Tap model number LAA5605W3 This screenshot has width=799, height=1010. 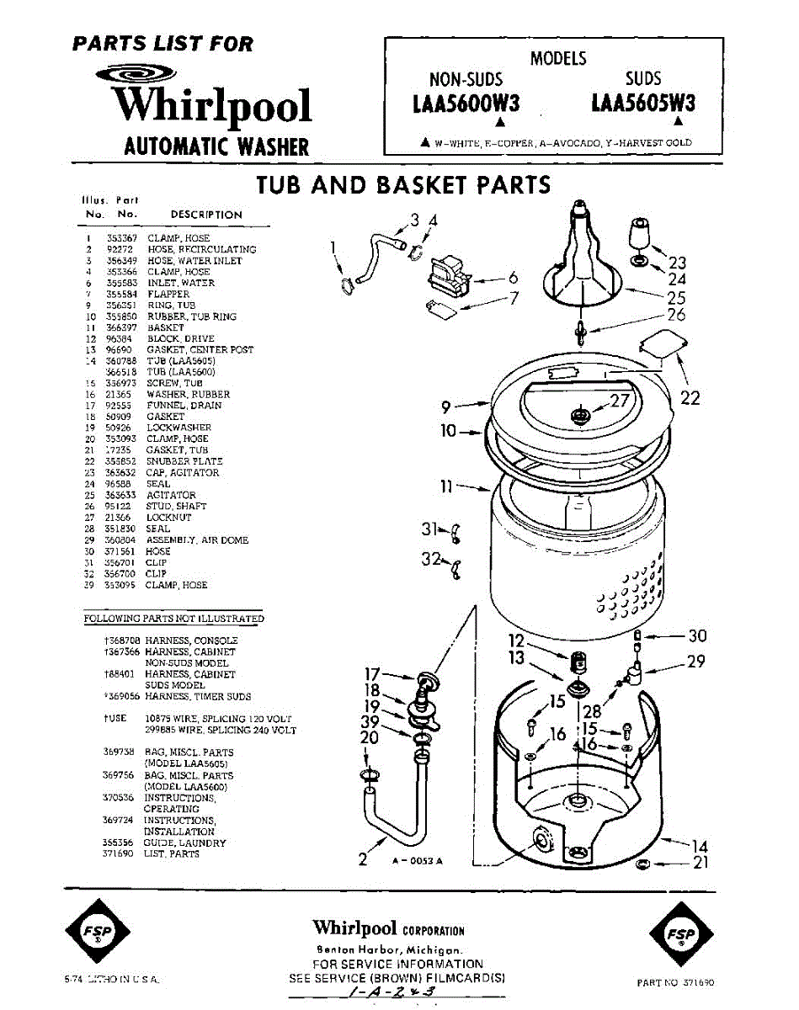[x=643, y=103]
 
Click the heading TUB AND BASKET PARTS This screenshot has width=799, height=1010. [x=403, y=184]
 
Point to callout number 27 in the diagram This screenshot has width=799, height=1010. [x=620, y=401]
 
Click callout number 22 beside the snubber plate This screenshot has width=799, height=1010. [x=690, y=397]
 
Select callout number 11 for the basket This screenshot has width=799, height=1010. [x=446, y=486]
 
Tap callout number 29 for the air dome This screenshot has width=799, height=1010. [x=695, y=662]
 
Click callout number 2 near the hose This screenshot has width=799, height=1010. [x=363, y=859]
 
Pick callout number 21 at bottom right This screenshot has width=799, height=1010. [x=700, y=863]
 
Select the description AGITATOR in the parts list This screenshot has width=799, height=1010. [x=171, y=496]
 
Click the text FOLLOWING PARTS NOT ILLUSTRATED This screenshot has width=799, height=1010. [x=173, y=619]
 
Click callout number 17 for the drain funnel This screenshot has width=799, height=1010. [x=375, y=673]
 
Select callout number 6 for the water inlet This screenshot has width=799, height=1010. [x=512, y=279]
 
